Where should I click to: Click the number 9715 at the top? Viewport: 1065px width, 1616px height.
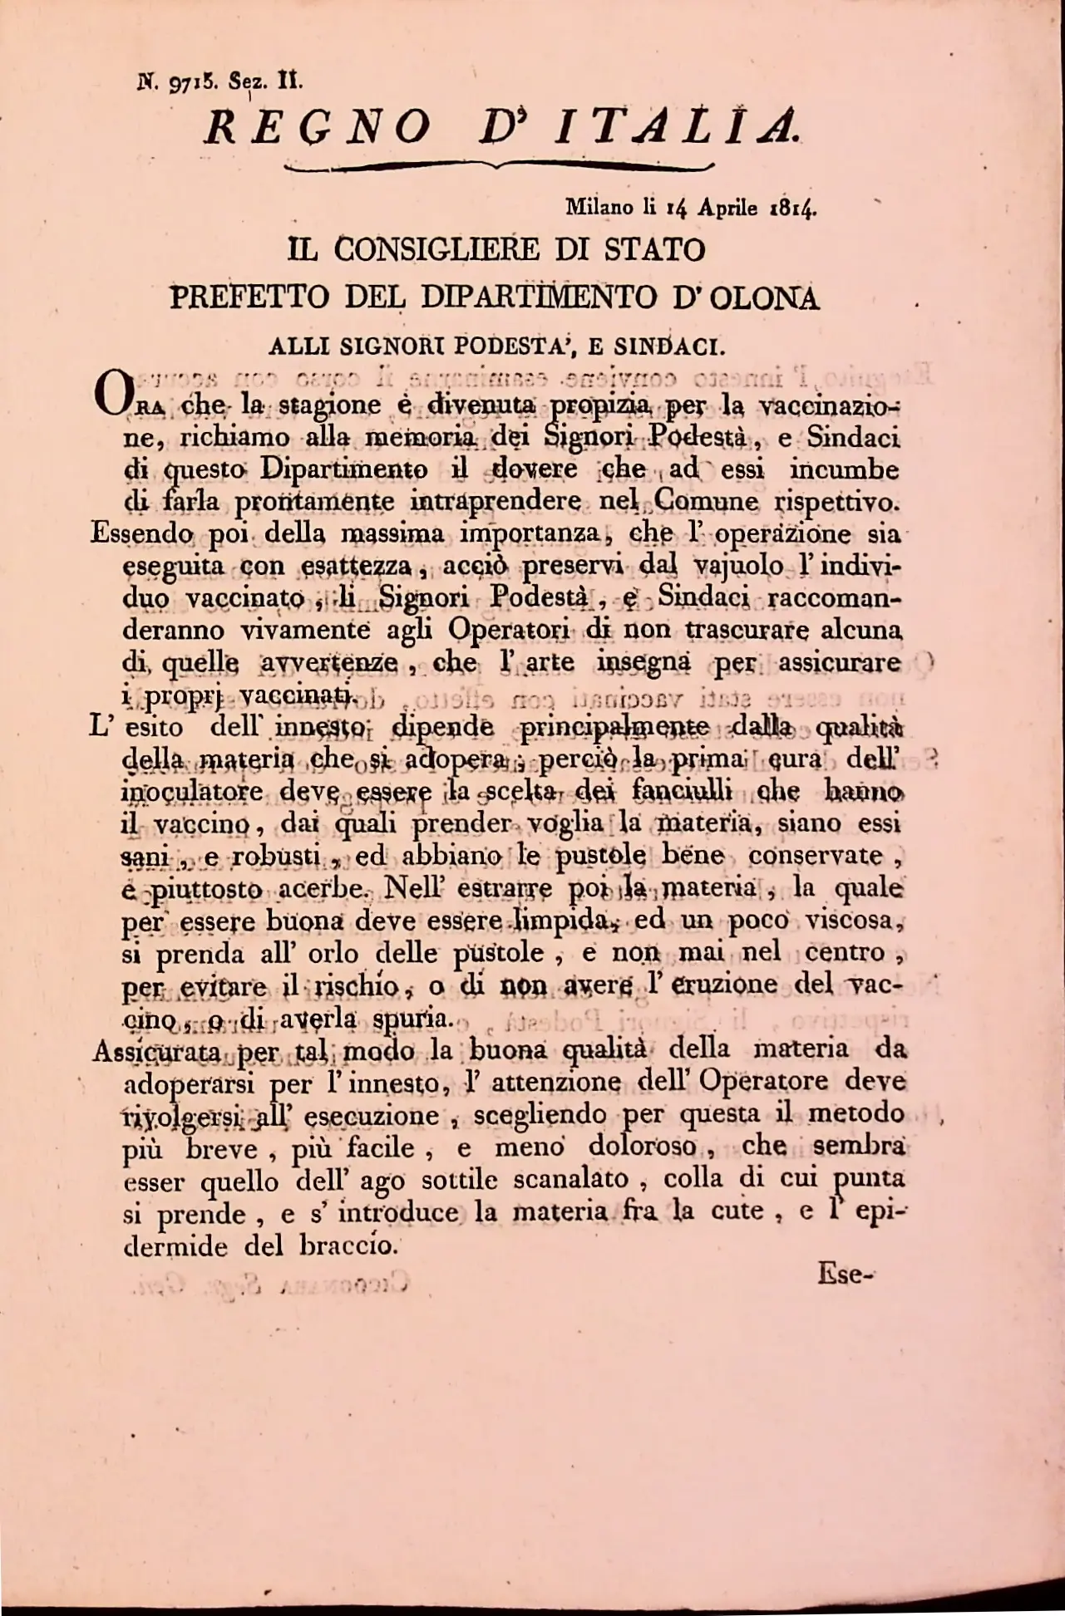tap(193, 82)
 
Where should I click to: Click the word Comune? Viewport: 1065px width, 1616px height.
tap(705, 502)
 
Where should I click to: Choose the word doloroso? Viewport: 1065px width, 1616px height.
tap(642, 1147)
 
